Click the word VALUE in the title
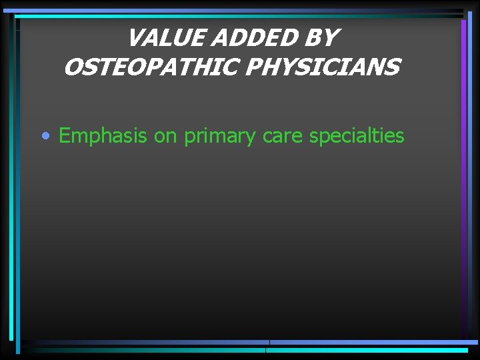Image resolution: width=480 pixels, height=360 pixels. click(165, 38)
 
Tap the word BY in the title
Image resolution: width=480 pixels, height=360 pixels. click(321, 38)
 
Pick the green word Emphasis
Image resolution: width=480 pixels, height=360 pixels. click(103, 136)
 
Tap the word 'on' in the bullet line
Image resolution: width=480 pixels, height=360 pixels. click(165, 136)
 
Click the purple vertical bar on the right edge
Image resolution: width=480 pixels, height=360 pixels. click(463, 133)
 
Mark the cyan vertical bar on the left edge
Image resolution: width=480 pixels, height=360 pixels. click(18, 200)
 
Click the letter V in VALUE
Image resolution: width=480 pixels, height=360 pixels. click(135, 38)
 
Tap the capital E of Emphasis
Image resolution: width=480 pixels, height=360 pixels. click(65, 136)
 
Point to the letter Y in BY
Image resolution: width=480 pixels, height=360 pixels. click(330, 38)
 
